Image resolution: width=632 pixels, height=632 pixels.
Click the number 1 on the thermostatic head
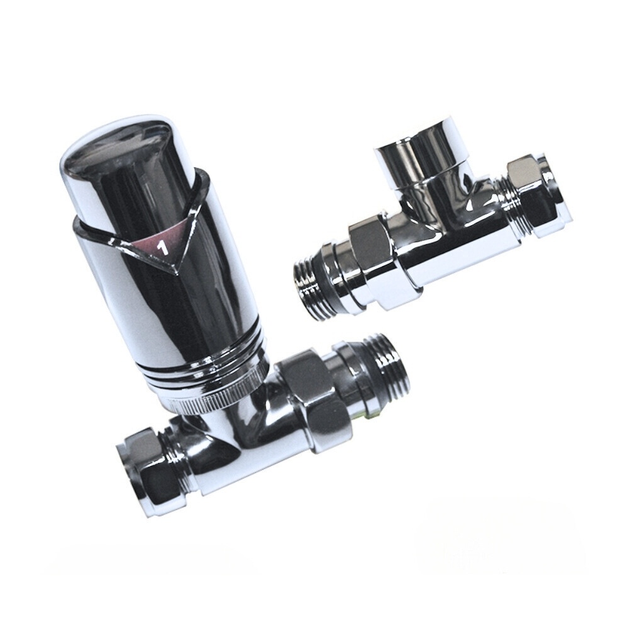click(x=162, y=248)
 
